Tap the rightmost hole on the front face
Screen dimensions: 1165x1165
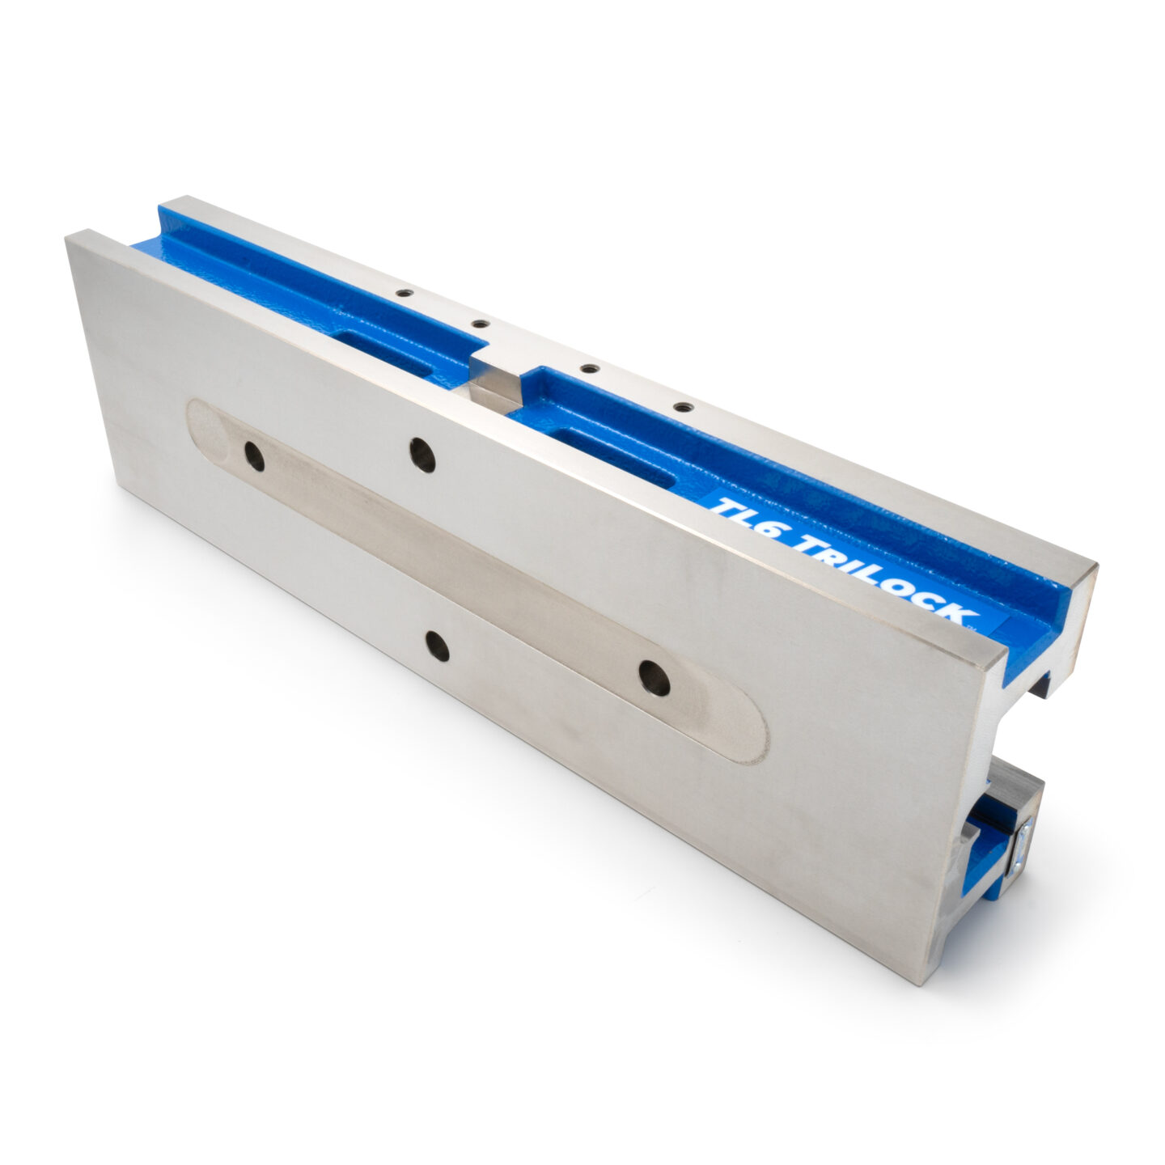[654, 678]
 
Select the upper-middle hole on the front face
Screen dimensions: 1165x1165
[422, 455]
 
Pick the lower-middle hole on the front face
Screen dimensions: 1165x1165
[438, 646]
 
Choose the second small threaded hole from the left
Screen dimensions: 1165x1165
[481, 324]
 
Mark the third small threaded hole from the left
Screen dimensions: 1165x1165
[589, 368]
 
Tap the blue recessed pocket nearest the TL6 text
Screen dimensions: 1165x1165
[618, 457]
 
